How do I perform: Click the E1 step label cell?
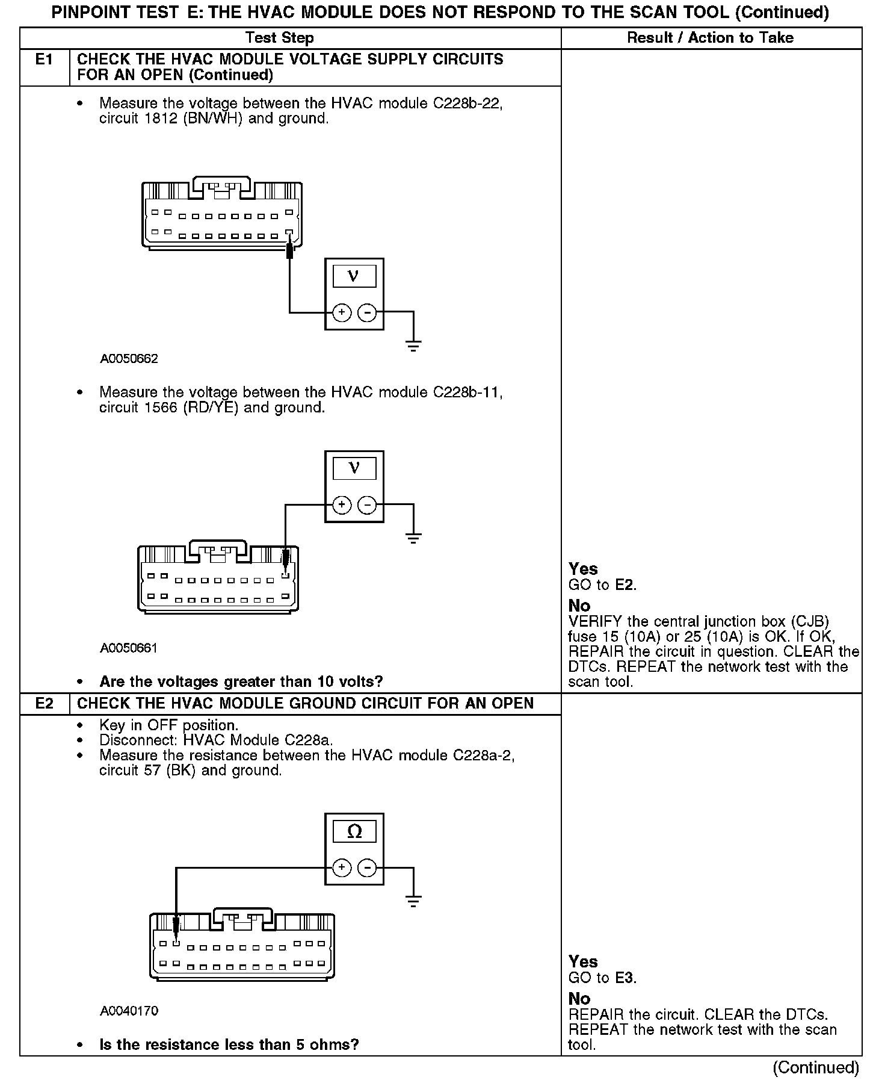coord(45,60)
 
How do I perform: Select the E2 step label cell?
coord(45,703)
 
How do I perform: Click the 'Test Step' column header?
coord(280,38)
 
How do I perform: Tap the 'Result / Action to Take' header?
coord(710,38)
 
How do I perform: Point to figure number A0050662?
coord(129,359)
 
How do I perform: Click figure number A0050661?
coord(129,648)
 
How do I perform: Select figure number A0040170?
coord(129,1011)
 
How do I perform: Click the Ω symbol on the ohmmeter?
coord(354,832)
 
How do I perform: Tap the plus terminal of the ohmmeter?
coord(341,867)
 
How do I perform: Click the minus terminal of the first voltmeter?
coord(367,312)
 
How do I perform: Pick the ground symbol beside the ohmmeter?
coord(413,901)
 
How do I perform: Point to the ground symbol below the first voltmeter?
coord(413,346)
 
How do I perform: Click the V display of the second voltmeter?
coord(354,468)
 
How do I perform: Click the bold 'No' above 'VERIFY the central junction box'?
coord(579,606)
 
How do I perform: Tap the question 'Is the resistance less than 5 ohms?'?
coord(229,1044)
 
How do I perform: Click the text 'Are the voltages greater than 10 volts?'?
coord(241,681)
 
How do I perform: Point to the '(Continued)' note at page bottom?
coord(816,1067)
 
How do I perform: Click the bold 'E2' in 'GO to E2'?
coord(626,585)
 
